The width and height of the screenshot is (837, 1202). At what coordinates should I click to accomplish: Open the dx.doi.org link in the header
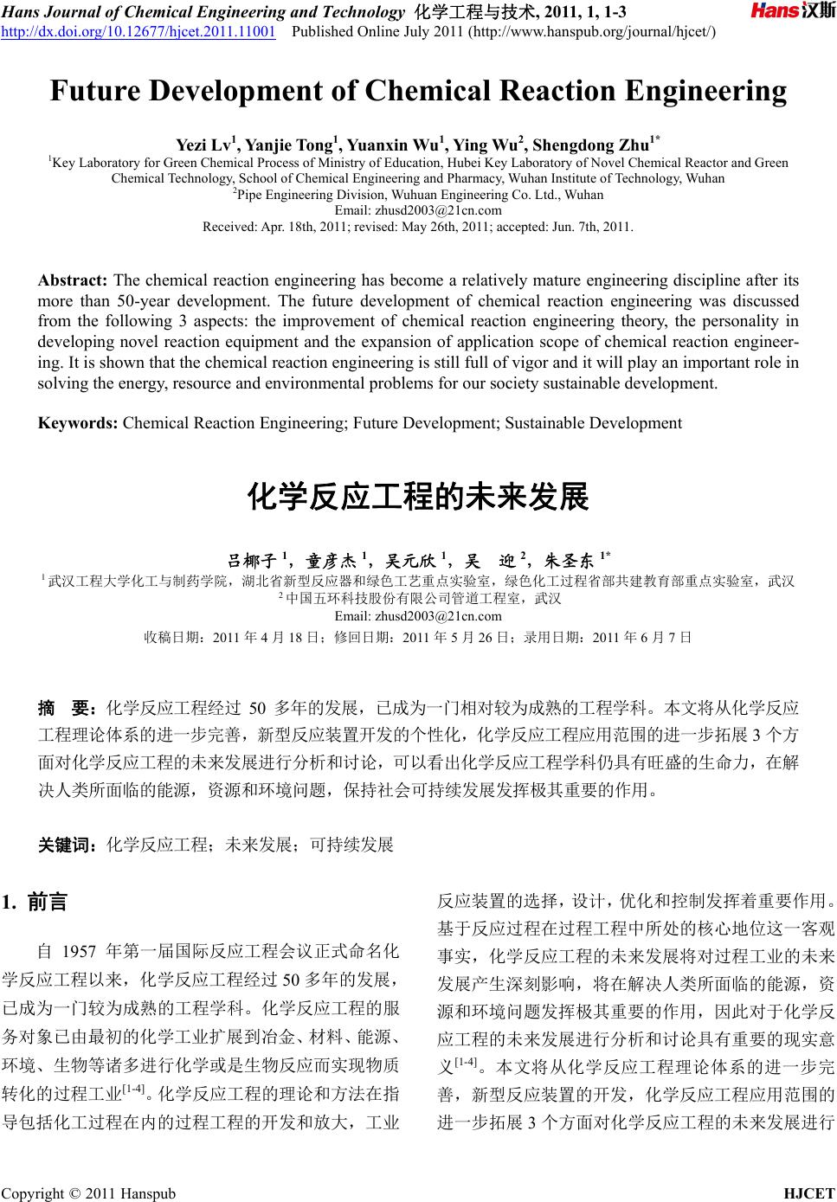pyautogui.click(x=138, y=32)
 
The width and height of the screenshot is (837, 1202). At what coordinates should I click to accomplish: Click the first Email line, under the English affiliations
pyautogui.click(x=418, y=210)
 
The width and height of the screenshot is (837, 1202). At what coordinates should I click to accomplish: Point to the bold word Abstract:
pyautogui.click(x=73, y=281)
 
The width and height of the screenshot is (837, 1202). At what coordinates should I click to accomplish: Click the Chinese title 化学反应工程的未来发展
pyautogui.click(x=418, y=498)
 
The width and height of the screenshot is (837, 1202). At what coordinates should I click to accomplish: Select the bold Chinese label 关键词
pyautogui.click(x=67, y=845)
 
